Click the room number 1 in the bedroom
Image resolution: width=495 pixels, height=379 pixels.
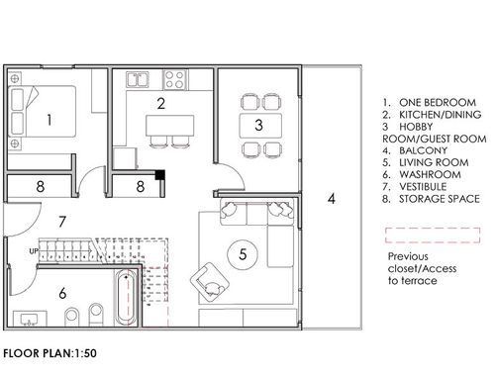click(49, 120)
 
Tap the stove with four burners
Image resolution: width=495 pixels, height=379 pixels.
click(175, 79)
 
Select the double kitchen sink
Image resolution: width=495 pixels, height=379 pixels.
click(138, 79)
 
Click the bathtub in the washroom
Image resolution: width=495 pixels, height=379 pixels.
click(126, 297)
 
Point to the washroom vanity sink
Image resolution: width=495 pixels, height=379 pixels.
click(30, 319)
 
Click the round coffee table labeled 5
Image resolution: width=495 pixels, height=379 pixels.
click(243, 254)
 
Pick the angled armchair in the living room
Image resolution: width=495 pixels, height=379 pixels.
click(210, 281)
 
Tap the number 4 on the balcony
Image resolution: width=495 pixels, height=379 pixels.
click(332, 199)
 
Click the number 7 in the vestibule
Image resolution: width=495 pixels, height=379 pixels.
click(62, 222)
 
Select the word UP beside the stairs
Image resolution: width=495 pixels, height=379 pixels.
click(34, 251)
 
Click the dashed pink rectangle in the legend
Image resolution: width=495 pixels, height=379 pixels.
click(433, 236)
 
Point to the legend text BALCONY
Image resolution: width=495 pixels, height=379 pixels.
click(423, 150)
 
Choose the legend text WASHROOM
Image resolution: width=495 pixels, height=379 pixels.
click(430, 174)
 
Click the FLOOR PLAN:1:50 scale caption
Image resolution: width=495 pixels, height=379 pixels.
click(49, 353)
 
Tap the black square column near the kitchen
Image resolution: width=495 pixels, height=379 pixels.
click(160, 174)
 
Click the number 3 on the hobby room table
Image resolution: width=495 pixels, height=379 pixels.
click(259, 125)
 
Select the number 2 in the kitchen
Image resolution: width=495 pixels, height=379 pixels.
click(161, 104)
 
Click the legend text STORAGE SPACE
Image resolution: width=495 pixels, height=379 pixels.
click(440, 199)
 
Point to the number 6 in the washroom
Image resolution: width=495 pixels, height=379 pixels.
click(62, 293)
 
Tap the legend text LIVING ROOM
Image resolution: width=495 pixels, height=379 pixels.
click(434, 162)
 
